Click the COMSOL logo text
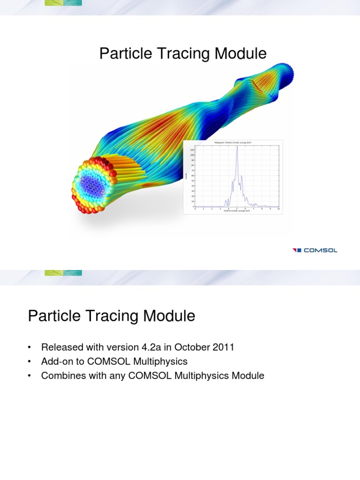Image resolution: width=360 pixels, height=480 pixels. [x=321, y=250]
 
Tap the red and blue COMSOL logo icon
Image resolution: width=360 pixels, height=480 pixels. [x=297, y=250]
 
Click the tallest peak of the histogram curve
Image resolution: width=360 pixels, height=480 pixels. [x=237, y=147]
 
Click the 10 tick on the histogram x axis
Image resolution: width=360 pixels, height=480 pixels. [x=278, y=209]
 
